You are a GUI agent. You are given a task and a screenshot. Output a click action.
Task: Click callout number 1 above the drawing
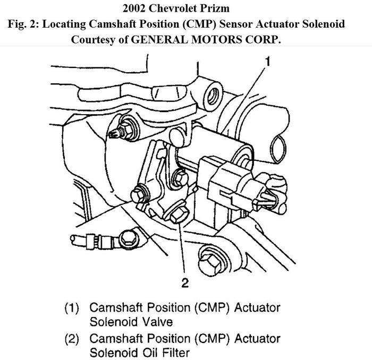(x=268, y=62)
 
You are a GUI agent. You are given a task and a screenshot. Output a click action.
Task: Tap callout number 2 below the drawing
(x=185, y=282)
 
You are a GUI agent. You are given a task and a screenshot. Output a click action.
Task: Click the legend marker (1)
(x=73, y=308)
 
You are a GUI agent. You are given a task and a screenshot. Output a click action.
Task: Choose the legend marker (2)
(x=73, y=338)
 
